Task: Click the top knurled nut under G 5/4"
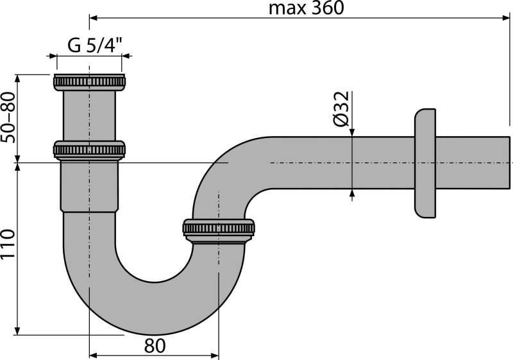(90, 82)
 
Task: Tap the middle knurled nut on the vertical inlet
(90, 150)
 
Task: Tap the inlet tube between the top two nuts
(90, 116)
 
